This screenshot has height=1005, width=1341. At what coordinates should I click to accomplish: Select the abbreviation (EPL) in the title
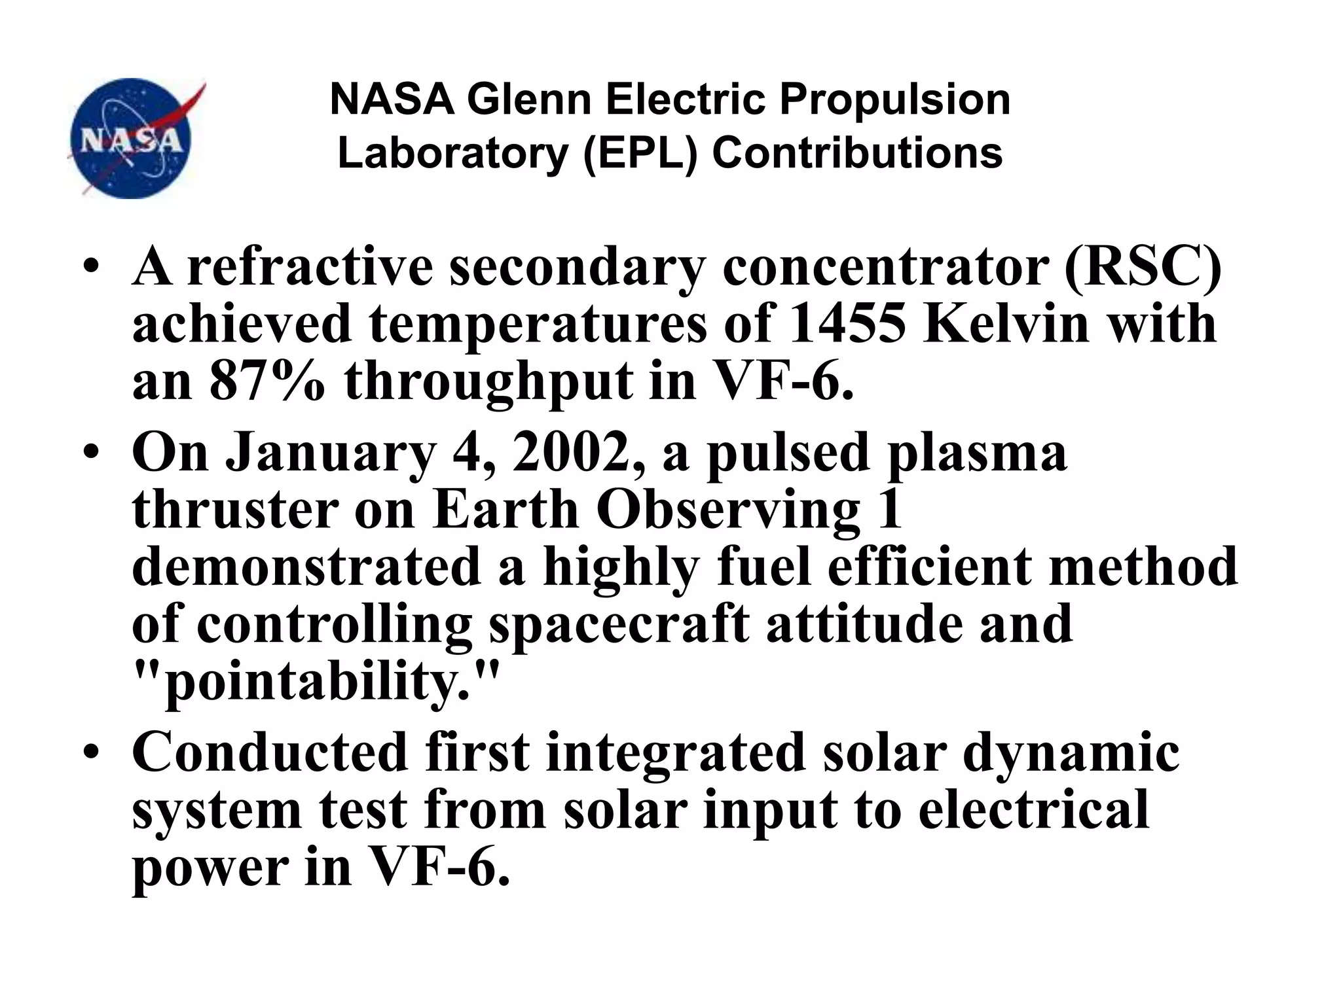(x=641, y=153)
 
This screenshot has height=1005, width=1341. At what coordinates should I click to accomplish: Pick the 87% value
(x=267, y=381)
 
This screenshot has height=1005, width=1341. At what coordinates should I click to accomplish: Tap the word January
(x=331, y=453)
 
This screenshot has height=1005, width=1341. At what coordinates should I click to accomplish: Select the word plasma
(x=976, y=453)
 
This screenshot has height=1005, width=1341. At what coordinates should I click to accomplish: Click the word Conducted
(x=270, y=752)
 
